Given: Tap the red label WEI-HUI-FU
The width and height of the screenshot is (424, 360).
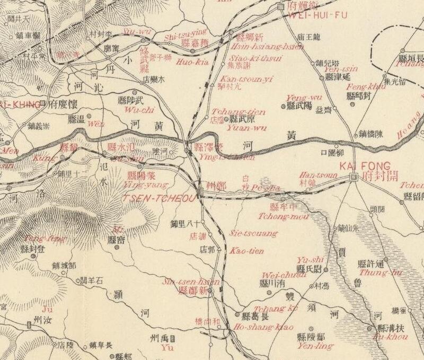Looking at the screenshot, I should coord(317,15).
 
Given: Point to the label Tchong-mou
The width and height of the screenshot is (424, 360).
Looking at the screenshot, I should coord(276,216).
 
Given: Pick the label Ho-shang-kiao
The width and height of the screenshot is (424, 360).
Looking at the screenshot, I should coord(263,327).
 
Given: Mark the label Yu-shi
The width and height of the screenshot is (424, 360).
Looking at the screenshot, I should coord(310,259).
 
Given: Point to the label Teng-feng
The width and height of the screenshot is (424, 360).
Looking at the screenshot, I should coord(41,238).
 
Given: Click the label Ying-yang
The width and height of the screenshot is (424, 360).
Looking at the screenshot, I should coord(144,185).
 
